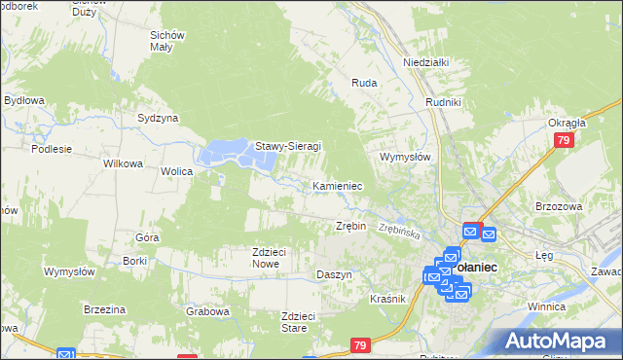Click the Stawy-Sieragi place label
[x=288, y=147]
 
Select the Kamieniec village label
[x=338, y=185]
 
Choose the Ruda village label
[x=364, y=84]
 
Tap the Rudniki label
[x=442, y=100]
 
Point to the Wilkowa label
[x=124, y=163]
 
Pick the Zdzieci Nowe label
[x=269, y=257]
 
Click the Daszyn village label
[x=334, y=274]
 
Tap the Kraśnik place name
[x=387, y=299]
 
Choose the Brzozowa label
[x=558, y=206]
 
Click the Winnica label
[x=573, y=306]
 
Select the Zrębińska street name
[x=399, y=233]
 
